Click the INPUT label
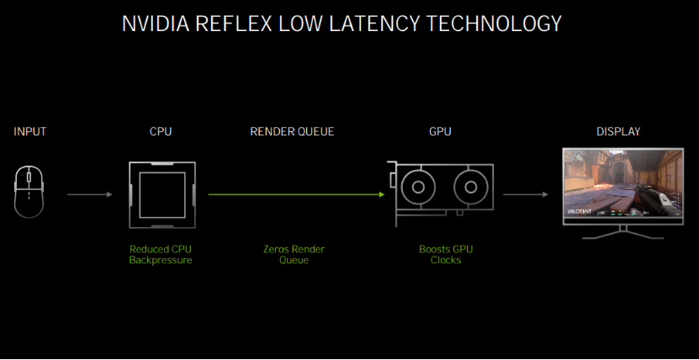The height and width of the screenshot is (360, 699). click(30, 131)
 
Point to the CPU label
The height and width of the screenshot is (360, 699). click(161, 131)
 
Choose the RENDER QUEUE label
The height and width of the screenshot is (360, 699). click(292, 131)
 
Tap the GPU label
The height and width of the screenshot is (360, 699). click(439, 131)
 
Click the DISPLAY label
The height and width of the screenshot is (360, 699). click(618, 131)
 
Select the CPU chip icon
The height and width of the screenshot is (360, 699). click(162, 194)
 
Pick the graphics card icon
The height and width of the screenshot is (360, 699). click(441, 193)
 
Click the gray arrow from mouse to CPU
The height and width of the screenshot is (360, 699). click(89, 194)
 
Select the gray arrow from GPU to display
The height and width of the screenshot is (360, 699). click(525, 194)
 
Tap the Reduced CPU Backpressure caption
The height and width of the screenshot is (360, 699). click(161, 255)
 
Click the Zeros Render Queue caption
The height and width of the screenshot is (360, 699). click(294, 255)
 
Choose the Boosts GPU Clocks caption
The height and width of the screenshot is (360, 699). click(440, 255)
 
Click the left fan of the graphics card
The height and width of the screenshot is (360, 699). click(419, 187)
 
